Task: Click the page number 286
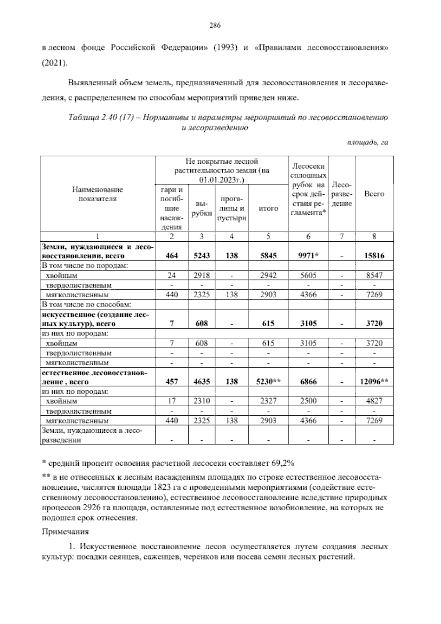point(215,25)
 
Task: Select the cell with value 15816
point(374,255)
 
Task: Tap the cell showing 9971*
point(308,255)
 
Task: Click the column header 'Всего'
point(374,194)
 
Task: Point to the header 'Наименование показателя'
point(97,194)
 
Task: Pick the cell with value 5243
point(202,255)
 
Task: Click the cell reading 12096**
point(374,382)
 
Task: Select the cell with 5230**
point(268,382)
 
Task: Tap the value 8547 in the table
point(374,275)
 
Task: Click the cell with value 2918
point(202,275)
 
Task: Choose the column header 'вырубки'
point(202,208)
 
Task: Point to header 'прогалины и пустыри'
point(232,208)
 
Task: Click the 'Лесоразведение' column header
point(341,194)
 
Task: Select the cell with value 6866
point(308,382)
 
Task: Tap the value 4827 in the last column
point(374,401)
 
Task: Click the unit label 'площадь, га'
point(367,142)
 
